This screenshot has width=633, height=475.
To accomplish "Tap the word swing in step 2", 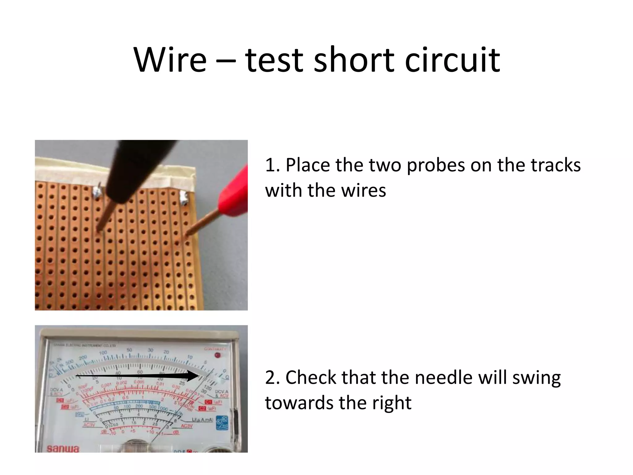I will [x=536, y=378].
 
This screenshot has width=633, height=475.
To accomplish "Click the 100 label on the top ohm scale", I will [x=103, y=353].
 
